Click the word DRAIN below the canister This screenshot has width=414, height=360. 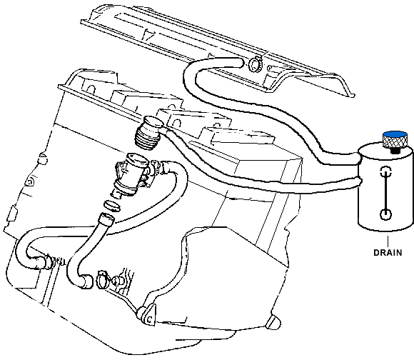[x=388, y=253]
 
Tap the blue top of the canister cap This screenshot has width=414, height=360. [x=395, y=134]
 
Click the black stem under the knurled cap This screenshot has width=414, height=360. [x=395, y=151]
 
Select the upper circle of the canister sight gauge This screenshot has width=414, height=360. [x=385, y=171]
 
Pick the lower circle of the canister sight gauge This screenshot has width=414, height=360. [x=385, y=214]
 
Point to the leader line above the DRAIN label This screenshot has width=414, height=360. [x=388, y=240]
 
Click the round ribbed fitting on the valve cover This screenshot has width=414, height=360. [x=255, y=64]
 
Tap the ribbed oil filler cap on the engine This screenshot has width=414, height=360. [x=149, y=132]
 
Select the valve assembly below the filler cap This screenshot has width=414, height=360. [x=132, y=174]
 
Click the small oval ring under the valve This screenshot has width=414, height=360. [x=112, y=206]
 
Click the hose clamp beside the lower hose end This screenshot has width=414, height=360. [x=103, y=279]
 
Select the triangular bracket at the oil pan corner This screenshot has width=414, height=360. [x=147, y=314]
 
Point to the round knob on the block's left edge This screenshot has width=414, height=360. [x=42, y=159]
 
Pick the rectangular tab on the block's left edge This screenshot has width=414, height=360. [x=12, y=214]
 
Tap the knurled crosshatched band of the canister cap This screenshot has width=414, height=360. [x=395, y=142]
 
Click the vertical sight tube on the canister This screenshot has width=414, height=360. [x=385, y=193]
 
